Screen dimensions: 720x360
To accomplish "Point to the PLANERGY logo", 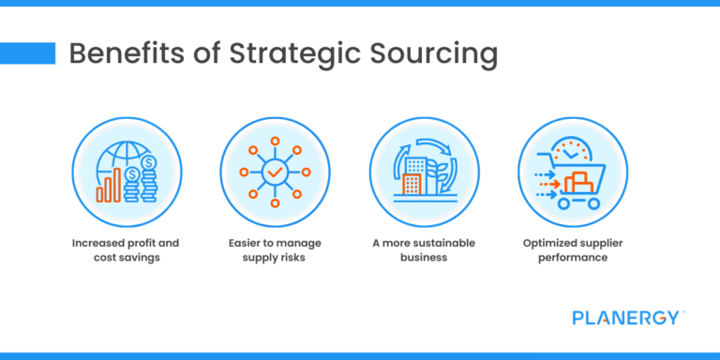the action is [627, 318].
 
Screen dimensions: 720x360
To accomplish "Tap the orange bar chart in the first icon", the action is [109, 187].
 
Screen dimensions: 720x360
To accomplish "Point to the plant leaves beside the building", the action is [437, 173].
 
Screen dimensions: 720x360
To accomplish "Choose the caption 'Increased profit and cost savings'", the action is [125, 249].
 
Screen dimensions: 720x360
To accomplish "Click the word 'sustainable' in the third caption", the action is [441, 243].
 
